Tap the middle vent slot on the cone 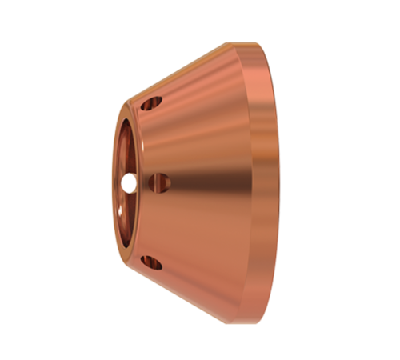[160, 183]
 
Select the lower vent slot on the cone [150, 262]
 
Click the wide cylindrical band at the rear [258, 183]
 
